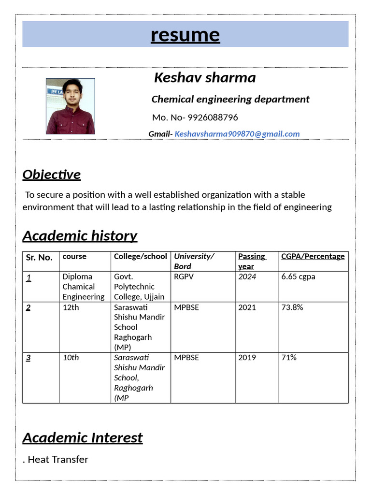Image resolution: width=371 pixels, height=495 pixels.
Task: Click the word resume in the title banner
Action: (185, 35)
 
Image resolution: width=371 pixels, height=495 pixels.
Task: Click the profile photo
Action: (71, 106)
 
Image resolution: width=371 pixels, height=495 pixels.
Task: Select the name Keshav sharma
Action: (205, 78)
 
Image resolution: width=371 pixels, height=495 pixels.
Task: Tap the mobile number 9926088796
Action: (213, 117)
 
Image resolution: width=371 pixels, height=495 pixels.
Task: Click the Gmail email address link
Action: (237, 134)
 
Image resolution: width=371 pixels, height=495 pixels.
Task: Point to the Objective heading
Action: (52, 175)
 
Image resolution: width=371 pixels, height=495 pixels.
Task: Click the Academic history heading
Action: (80, 236)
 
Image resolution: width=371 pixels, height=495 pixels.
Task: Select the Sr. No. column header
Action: (39, 257)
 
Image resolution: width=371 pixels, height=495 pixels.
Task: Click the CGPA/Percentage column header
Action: (313, 256)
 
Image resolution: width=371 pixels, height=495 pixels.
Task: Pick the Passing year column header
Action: (252, 261)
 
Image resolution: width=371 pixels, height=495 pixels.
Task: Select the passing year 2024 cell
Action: (247, 277)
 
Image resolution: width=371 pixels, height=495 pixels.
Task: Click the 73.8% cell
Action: (292, 307)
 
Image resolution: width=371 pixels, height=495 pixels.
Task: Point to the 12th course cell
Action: (71, 307)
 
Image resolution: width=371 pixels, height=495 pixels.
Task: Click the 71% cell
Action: (289, 358)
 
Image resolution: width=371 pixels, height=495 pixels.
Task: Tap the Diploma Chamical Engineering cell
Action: (84, 287)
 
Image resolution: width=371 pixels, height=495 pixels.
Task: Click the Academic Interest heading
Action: (83, 438)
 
